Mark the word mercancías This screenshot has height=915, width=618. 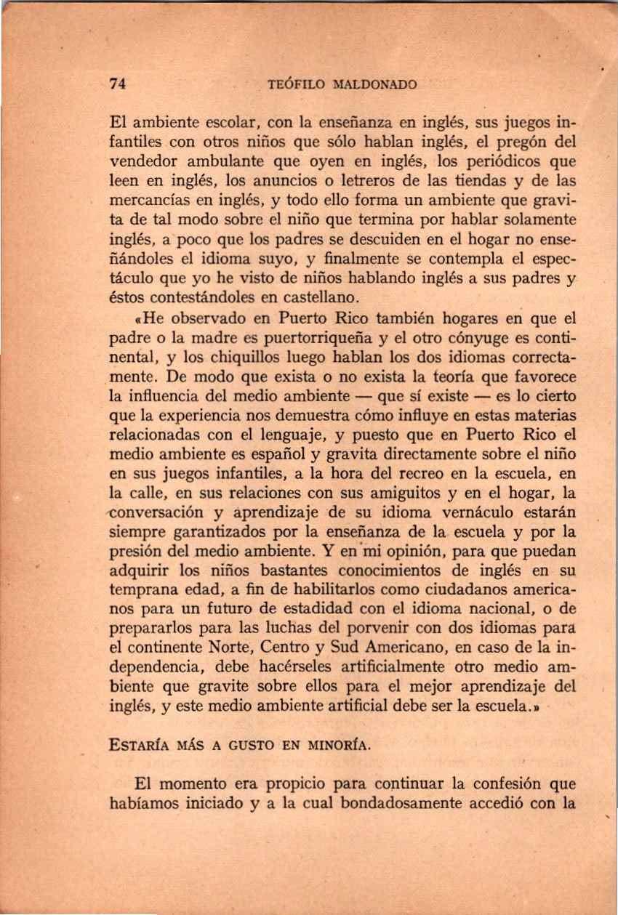click(x=149, y=198)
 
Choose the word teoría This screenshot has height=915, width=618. click(x=462, y=376)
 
